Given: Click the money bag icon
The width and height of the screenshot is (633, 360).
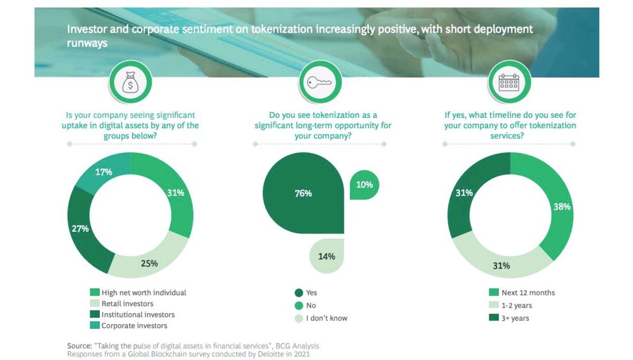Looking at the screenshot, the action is click(130, 82).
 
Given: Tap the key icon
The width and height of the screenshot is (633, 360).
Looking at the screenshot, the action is click(319, 82).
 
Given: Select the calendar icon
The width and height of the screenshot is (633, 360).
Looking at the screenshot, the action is click(509, 82).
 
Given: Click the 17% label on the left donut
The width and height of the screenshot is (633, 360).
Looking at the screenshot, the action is click(103, 172).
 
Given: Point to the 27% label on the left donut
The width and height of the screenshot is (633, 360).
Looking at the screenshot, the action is click(80, 229).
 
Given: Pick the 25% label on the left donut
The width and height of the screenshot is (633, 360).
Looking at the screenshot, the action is click(149, 263).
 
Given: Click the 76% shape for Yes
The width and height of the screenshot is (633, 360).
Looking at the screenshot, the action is click(303, 193).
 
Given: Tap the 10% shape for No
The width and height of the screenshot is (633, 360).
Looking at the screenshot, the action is click(365, 185).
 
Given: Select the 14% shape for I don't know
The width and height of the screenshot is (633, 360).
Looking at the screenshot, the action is click(327, 256).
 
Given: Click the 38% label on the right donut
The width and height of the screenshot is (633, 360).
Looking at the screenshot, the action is click(561, 207).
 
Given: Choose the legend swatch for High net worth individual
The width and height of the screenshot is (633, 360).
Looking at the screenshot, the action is click(94, 292).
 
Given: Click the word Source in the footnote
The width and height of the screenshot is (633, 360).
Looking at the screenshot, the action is click(79, 346).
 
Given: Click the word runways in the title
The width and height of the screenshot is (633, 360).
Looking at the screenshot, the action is click(87, 43).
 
